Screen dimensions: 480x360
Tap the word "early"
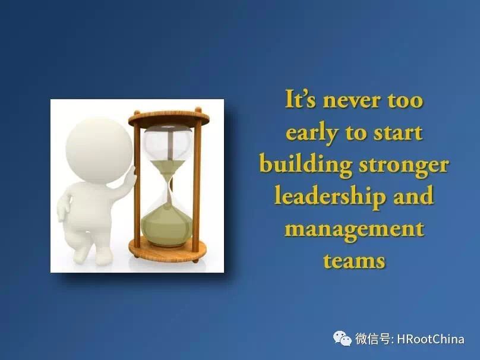coord(312,134)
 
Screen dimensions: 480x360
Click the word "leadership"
coord(329,197)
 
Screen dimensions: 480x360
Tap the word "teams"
coord(354,261)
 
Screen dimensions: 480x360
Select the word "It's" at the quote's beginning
coord(300,99)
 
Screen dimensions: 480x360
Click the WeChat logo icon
coord(342,339)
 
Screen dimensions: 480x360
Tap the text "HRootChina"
coord(431,339)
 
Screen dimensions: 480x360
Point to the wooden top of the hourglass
coord(169,118)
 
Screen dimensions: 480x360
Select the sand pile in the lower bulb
coord(167,225)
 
